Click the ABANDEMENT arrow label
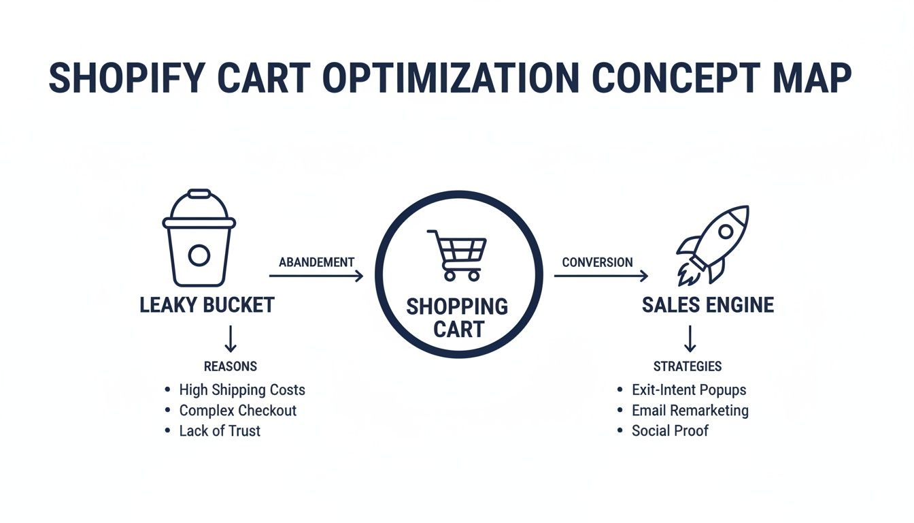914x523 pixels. pos(316,262)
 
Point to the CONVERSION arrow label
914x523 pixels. pos(597,262)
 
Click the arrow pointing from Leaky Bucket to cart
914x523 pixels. pos(316,276)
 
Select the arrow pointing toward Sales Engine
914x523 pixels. pos(600,276)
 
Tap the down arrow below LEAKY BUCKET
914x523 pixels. pos(230,338)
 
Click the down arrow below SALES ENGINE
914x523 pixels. pos(690,338)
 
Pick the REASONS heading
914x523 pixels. pos(231,366)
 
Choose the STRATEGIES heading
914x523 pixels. pos(688,366)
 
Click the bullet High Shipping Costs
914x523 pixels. pos(241,390)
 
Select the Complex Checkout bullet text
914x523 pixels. pos(237,411)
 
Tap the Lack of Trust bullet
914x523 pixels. pos(220,431)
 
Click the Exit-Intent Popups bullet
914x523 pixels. pos(688,390)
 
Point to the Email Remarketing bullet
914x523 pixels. pos(690,411)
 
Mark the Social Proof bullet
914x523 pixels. pos(670,431)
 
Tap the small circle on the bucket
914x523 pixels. pos(199,256)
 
